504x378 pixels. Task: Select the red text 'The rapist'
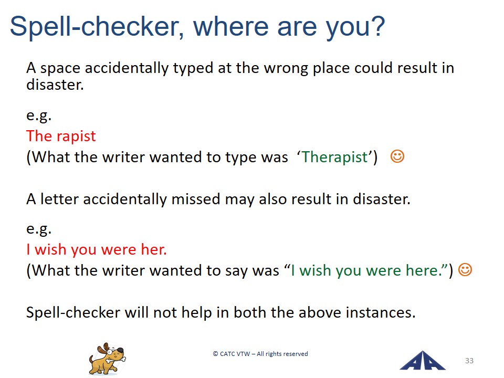[x=61, y=136]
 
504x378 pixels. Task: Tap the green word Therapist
[x=334, y=157]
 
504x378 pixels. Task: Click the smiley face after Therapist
[x=397, y=156]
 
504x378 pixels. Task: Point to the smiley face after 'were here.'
[x=465, y=270]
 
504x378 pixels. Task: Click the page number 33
[x=469, y=361]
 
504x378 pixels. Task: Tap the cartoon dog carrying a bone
[x=107, y=359]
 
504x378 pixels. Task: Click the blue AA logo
[x=422, y=361]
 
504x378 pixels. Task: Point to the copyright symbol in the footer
[x=215, y=354]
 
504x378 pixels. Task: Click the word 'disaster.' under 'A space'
[x=55, y=85]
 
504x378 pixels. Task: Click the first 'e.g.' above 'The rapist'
[x=39, y=115]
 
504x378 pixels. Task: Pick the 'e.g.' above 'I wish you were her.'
[x=39, y=229]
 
